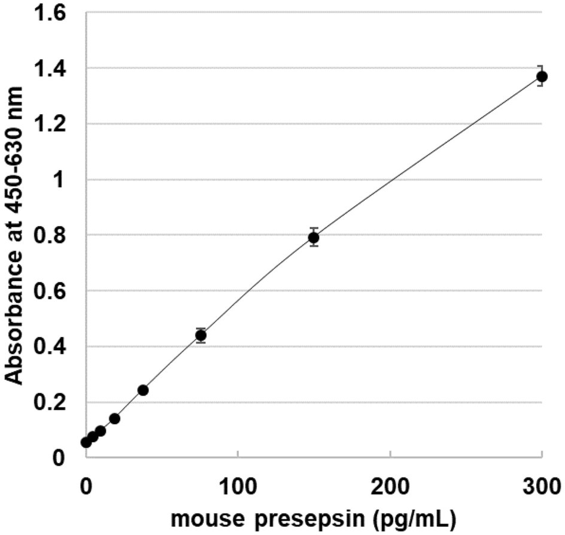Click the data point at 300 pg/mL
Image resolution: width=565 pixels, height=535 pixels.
click(542, 77)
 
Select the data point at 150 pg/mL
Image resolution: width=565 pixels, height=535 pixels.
click(314, 238)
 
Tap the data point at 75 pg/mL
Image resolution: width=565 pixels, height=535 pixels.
click(201, 335)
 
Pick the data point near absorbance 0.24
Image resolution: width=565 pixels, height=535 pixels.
click(143, 390)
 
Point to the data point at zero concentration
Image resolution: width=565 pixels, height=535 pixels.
click(86, 442)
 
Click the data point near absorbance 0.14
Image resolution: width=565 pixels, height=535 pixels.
click(114, 418)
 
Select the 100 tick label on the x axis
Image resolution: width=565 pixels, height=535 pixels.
click(238, 481)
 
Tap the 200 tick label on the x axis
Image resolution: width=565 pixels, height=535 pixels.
click(390, 481)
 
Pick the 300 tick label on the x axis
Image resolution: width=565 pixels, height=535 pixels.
click(542, 481)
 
